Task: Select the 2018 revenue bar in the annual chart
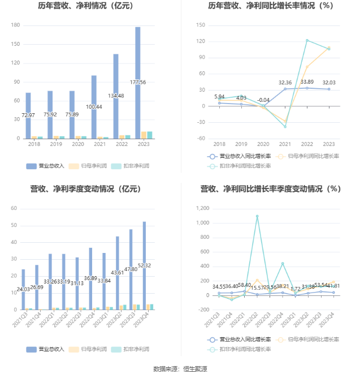[x=28, y=116]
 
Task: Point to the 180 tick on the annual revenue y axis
[x=15, y=25]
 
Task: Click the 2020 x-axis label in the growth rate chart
[x=263, y=144]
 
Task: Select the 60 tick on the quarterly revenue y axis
[x=14, y=209]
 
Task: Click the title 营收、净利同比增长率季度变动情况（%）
[x=271, y=189]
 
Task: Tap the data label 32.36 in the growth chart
[x=285, y=83]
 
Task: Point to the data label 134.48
[x=116, y=96]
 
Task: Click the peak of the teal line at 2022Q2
[x=257, y=216]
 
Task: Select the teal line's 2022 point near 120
[x=307, y=40]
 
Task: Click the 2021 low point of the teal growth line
[x=285, y=127]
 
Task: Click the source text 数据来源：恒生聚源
[x=180, y=369]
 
